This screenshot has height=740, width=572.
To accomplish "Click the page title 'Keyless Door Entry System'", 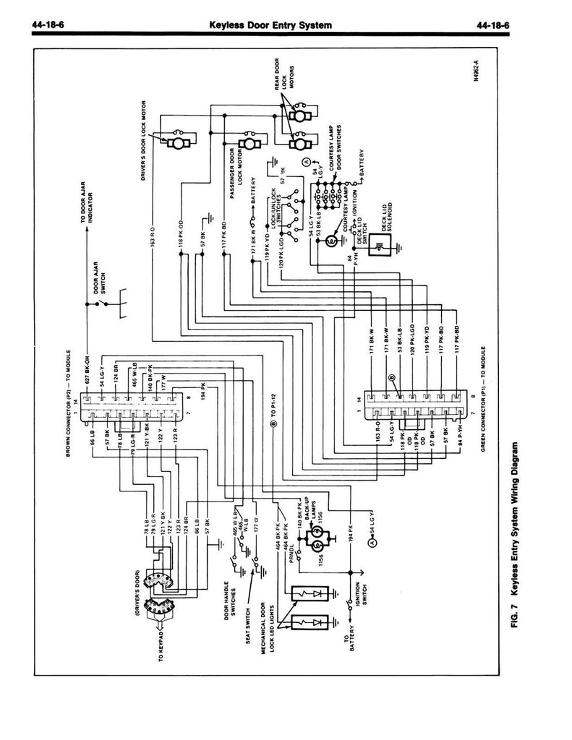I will (270, 26).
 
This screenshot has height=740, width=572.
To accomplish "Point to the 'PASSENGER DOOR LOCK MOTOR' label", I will (229, 168).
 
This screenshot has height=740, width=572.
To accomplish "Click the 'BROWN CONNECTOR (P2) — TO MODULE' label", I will (69, 409).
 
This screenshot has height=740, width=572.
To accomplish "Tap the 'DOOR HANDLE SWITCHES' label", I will (230, 599).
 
